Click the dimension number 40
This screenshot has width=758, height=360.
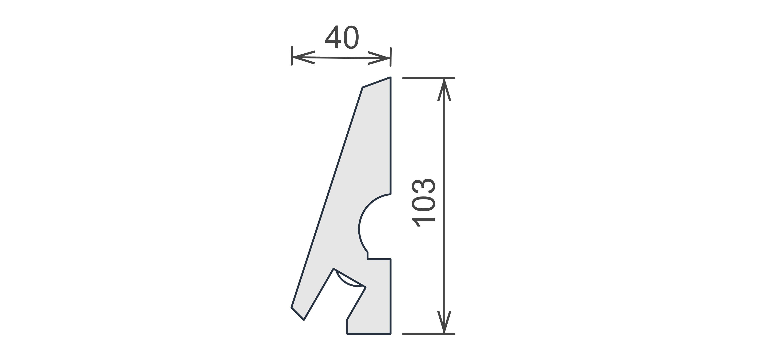[x=342, y=37]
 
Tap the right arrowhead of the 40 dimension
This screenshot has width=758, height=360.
[x=379, y=58]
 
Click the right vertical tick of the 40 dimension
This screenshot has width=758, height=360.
[x=391, y=57]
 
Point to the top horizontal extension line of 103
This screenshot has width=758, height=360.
[x=429, y=78]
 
